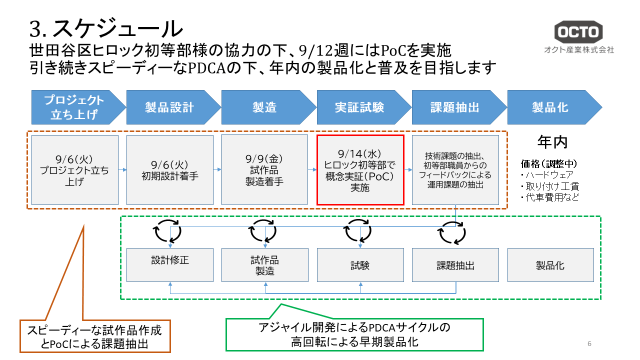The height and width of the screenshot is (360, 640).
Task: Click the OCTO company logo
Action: (578, 32)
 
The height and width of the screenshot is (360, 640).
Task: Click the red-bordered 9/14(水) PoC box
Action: (360, 170)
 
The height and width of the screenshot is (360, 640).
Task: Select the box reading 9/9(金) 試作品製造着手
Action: (264, 170)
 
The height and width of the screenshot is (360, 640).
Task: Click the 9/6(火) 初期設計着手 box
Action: (169, 170)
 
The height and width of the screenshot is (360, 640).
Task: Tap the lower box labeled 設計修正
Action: (170, 265)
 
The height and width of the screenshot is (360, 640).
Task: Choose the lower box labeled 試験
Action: (360, 265)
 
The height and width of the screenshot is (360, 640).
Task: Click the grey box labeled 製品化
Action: (550, 265)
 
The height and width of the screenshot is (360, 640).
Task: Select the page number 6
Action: (589, 343)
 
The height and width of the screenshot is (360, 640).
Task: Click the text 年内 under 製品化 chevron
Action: (552, 142)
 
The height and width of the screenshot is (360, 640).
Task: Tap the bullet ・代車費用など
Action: (550, 197)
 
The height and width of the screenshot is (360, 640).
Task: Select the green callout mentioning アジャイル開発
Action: (354, 335)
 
